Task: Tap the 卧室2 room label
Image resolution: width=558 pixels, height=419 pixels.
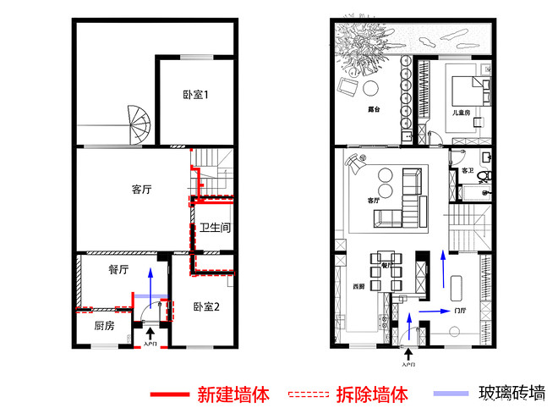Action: [205, 307]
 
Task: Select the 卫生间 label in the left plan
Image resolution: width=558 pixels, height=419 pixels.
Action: [216, 229]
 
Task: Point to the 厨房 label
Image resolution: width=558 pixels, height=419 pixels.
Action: [103, 326]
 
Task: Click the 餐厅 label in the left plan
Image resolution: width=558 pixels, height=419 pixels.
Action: [118, 270]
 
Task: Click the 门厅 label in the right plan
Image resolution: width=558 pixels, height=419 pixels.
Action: [460, 311]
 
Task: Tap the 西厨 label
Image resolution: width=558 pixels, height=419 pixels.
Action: [358, 286]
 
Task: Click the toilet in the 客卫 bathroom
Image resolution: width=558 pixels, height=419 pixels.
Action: [483, 176]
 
